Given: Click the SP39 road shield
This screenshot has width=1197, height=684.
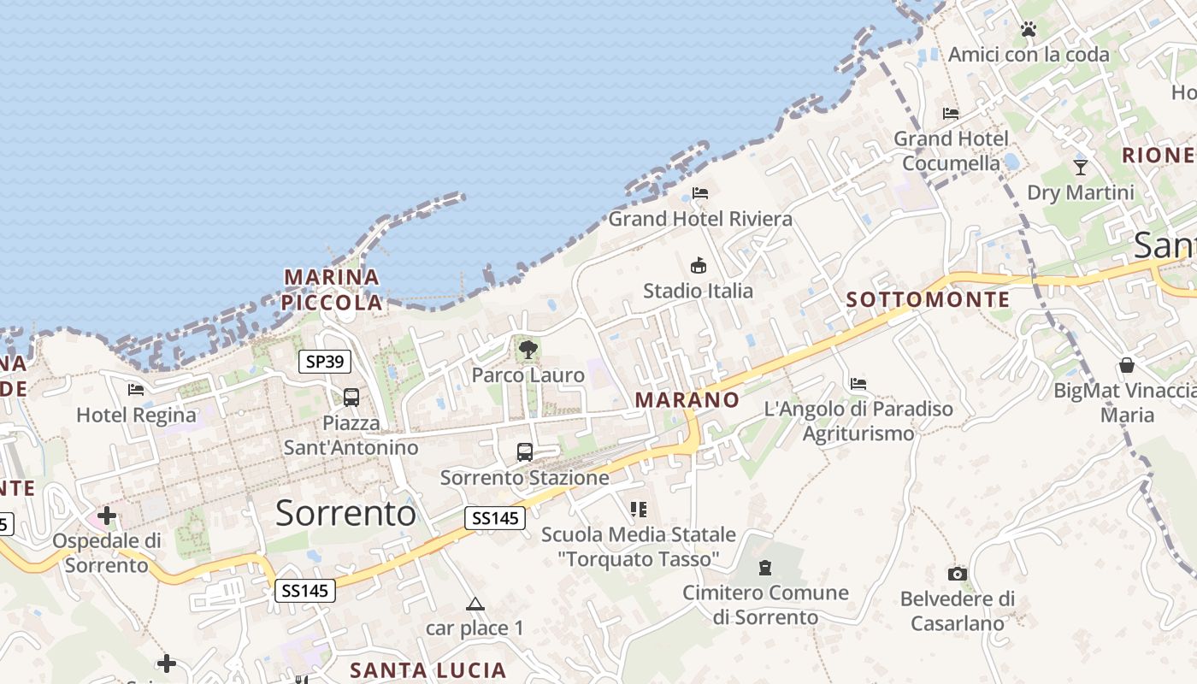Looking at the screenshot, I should tap(325, 362).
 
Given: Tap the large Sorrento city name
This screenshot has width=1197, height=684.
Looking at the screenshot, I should tap(345, 513).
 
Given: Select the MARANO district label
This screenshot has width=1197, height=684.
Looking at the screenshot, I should tap(687, 400).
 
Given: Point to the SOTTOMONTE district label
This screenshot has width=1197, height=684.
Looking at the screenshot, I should tap(928, 300).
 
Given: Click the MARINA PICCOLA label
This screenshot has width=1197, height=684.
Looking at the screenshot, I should tap(332, 290).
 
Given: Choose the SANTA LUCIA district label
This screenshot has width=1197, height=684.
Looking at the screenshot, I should tap(428, 670).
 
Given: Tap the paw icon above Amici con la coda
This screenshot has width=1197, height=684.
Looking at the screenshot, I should tap(1028, 30).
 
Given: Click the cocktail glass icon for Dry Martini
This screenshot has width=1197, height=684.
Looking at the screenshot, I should tap(1081, 167).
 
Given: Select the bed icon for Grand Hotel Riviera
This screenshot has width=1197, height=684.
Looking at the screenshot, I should tap(700, 193).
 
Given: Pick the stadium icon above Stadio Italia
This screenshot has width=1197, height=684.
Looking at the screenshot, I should tap(699, 265).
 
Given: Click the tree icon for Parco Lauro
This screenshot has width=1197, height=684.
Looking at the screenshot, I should tap(528, 349).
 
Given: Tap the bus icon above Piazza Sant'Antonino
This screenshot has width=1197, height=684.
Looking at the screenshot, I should tap(351, 397).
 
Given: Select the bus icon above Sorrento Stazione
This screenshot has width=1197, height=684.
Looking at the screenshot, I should tap(525, 451).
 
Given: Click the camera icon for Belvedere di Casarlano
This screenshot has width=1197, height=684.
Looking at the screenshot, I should tap(958, 574).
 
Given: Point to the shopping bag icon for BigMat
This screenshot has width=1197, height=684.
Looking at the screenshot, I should tap(1127, 365).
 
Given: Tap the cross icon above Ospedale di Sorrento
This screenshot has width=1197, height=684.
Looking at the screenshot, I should tap(107, 516).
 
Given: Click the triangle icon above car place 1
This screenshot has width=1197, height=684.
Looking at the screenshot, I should tap(475, 604).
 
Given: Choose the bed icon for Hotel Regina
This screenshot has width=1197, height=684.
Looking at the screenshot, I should tap(136, 390).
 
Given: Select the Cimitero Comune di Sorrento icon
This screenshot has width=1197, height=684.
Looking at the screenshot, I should tap(765, 567).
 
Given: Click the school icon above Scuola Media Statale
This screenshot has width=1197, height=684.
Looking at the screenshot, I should tap(638, 510).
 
